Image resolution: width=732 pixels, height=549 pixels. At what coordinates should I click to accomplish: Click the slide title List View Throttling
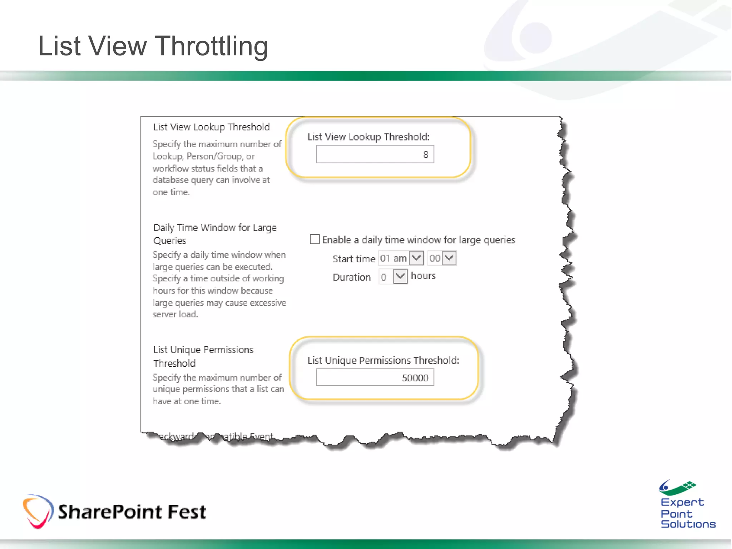tap(153, 46)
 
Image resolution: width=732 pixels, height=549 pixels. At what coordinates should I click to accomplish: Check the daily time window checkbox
tap(315, 239)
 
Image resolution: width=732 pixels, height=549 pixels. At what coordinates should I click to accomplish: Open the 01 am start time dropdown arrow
tap(416, 258)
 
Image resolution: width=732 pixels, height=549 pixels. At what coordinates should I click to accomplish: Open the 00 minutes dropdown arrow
tap(449, 258)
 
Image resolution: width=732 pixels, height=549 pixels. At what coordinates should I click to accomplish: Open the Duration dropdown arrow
tap(400, 276)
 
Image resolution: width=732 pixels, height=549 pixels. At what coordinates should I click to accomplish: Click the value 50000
tap(415, 378)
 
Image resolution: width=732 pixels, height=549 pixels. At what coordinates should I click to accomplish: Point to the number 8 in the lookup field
tap(425, 154)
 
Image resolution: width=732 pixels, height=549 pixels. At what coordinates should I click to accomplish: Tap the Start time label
tap(353, 258)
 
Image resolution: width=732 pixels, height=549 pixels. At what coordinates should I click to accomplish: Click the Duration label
tap(352, 277)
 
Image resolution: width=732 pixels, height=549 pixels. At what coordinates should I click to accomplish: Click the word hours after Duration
tap(423, 276)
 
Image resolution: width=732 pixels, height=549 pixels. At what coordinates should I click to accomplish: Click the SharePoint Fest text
tap(132, 512)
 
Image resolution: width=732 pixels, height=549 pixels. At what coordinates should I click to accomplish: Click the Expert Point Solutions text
tap(687, 513)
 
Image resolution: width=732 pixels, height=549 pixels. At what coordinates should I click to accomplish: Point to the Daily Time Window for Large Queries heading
tap(215, 234)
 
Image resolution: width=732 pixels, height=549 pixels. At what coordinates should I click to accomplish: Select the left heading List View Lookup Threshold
tap(211, 127)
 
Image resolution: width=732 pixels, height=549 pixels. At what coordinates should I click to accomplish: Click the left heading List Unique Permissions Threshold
tap(203, 356)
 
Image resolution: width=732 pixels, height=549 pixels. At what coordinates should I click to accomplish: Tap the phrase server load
tap(175, 314)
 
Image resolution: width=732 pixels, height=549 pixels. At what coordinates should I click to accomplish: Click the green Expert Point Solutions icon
tap(677, 487)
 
